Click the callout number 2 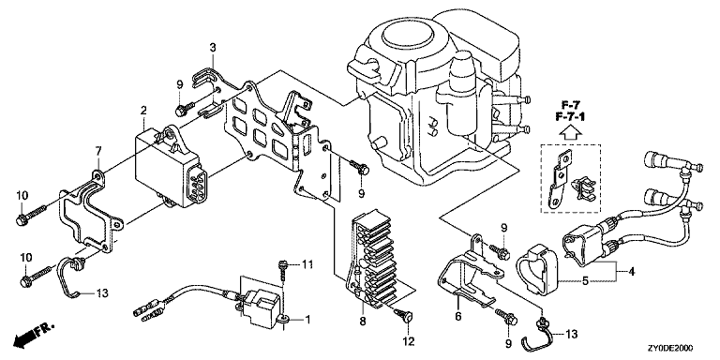(143, 111)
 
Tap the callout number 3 (213, 47)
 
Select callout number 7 (97, 151)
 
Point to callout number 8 (362, 322)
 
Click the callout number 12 (408, 341)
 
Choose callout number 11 (307, 264)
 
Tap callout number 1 (307, 319)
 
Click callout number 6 (458, 317)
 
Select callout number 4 (632, 272)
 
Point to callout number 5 (585, 280)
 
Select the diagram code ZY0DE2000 (671, 348)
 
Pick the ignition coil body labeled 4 (582, 247)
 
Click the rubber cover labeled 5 (537, 270)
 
